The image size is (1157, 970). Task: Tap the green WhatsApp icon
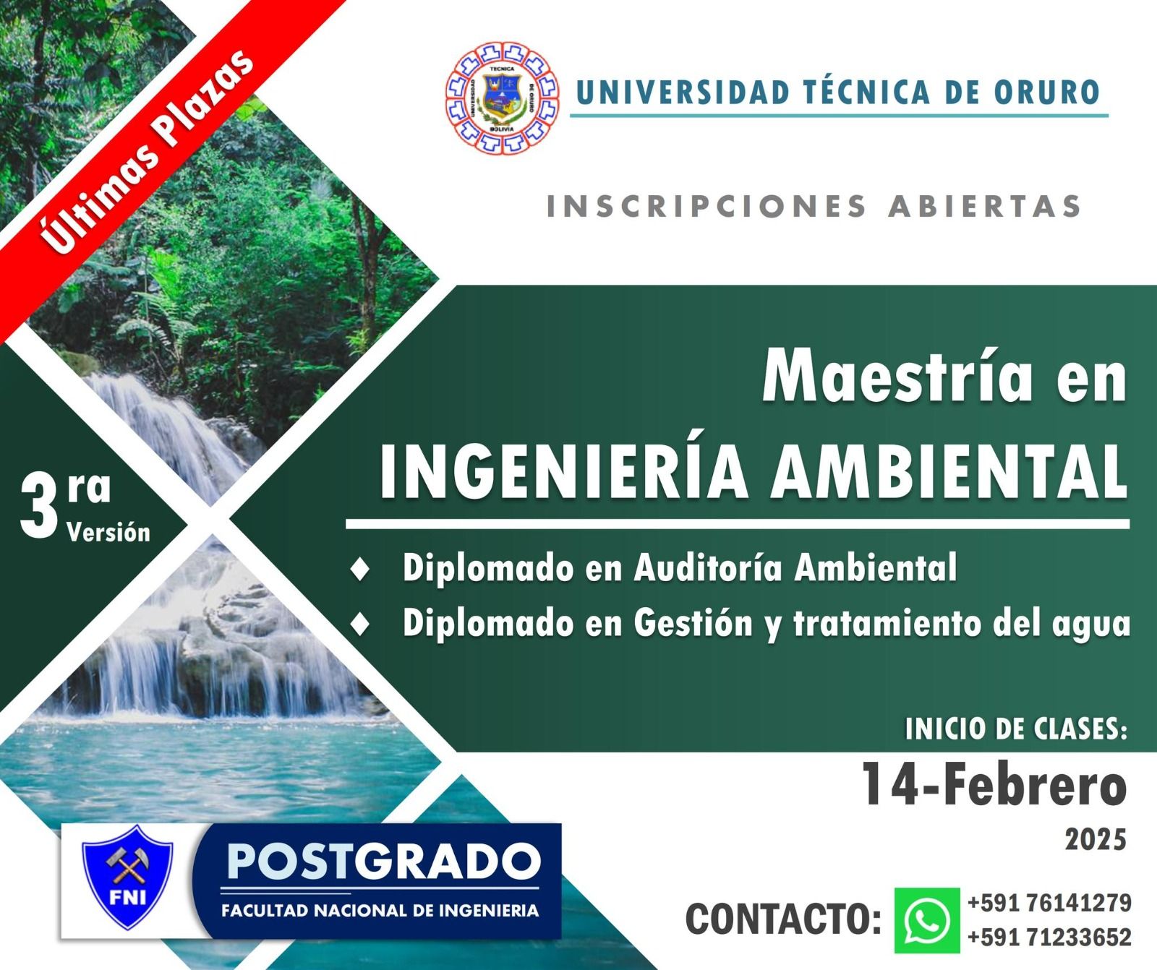click(x=927, y=920)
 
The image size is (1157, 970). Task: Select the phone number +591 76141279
click(x=1049, y=903)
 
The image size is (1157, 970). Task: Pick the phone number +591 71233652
click(x=1049, y=937)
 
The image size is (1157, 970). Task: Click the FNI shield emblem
click(x=128, y=876)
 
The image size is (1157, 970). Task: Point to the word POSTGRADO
click(x=383, y=861)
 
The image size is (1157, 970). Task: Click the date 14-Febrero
click(x=994, y=786)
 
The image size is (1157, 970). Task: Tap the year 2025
click(x=1096, y=840)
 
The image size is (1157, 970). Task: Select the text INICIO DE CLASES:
click(x=1016, y=729)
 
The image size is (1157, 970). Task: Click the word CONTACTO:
click(x=783, y=919)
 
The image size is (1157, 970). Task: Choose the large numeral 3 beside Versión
click(x=39, y=508)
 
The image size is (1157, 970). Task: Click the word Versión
click(x=108, y=533)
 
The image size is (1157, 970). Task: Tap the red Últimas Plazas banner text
click(x=149, y=151)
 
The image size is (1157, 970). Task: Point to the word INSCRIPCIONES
click(x=706, y=206)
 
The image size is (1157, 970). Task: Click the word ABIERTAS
click(x=985, y=206)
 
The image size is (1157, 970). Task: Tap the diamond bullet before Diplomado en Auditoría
click(x=359, y=569)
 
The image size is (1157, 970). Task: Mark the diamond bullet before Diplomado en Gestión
click(x=359, y=624)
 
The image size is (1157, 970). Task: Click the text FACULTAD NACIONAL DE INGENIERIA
click(x=380, y=909)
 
